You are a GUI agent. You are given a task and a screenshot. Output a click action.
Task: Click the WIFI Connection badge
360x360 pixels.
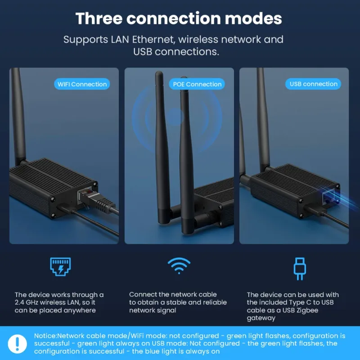tap(82, 84)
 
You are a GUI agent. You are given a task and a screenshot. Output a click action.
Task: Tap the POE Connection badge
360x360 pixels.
tap(197, 84)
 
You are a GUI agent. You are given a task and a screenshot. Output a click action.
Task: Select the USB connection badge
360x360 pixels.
tap(313, 84)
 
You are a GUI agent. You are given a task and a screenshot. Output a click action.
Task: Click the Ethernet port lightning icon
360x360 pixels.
tap(60, 266)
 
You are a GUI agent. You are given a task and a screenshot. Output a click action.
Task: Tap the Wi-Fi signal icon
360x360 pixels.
tap(179, 265)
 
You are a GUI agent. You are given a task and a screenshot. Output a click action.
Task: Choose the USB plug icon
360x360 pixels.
tap(300, 269)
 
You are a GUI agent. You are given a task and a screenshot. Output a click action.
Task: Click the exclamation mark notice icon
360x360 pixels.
tap(17, 344)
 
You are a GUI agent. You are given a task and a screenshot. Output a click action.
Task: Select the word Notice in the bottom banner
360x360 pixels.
tap(45, 336)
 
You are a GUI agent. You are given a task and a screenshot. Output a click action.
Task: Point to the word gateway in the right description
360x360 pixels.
tap(261, 318)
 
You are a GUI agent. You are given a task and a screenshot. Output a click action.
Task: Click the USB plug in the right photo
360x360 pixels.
tap(315, 210)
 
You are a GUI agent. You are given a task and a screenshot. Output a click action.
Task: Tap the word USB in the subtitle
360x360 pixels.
tap(143, 52)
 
